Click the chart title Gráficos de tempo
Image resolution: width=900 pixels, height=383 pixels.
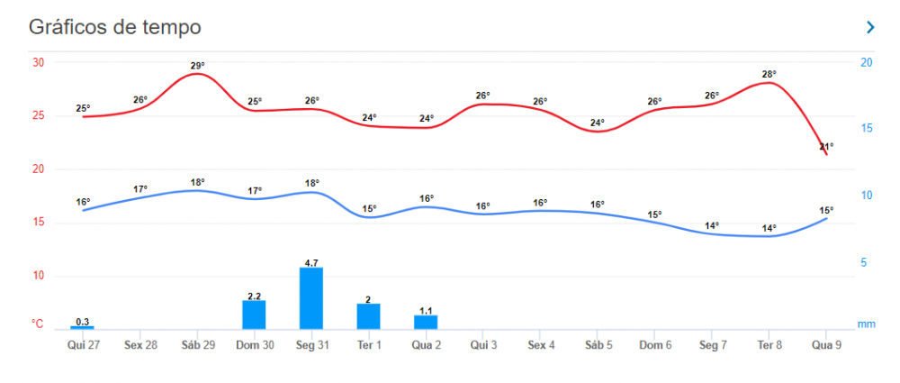tap(114, 27)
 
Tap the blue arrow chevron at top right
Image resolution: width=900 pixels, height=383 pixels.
tap(869, 27)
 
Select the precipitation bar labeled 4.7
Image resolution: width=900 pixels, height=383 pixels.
tap(311, 298)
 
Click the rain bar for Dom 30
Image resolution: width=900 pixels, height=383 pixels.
tap(254, 315)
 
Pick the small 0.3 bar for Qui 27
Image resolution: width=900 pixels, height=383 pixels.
tap(83, 327)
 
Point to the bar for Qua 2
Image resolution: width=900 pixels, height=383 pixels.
tap(426, 322)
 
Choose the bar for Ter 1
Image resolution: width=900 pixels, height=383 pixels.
tap(369, 316)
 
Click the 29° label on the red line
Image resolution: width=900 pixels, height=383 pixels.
tap(197, 66)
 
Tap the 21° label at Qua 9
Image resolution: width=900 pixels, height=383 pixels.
tap(826, 146)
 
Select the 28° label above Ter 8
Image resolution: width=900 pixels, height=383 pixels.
tap(769, 75)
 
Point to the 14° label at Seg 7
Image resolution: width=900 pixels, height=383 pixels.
tap(712, 225)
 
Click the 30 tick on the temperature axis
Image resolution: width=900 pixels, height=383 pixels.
tap(39, 62)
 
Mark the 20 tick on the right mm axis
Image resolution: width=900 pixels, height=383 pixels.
tap(866, 62)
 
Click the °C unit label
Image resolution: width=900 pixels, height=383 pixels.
tap(38, 323)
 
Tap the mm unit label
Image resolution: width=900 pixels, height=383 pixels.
tap(866, 323)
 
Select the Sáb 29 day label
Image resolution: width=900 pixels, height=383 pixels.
tap(197, 345)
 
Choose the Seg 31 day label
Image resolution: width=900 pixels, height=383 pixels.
tap(311, 345)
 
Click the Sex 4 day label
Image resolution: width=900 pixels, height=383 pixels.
tap(540, 345)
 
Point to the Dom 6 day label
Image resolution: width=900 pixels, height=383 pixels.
tap(654, 345)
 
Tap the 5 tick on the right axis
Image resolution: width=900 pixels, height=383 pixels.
tap(863, 262)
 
